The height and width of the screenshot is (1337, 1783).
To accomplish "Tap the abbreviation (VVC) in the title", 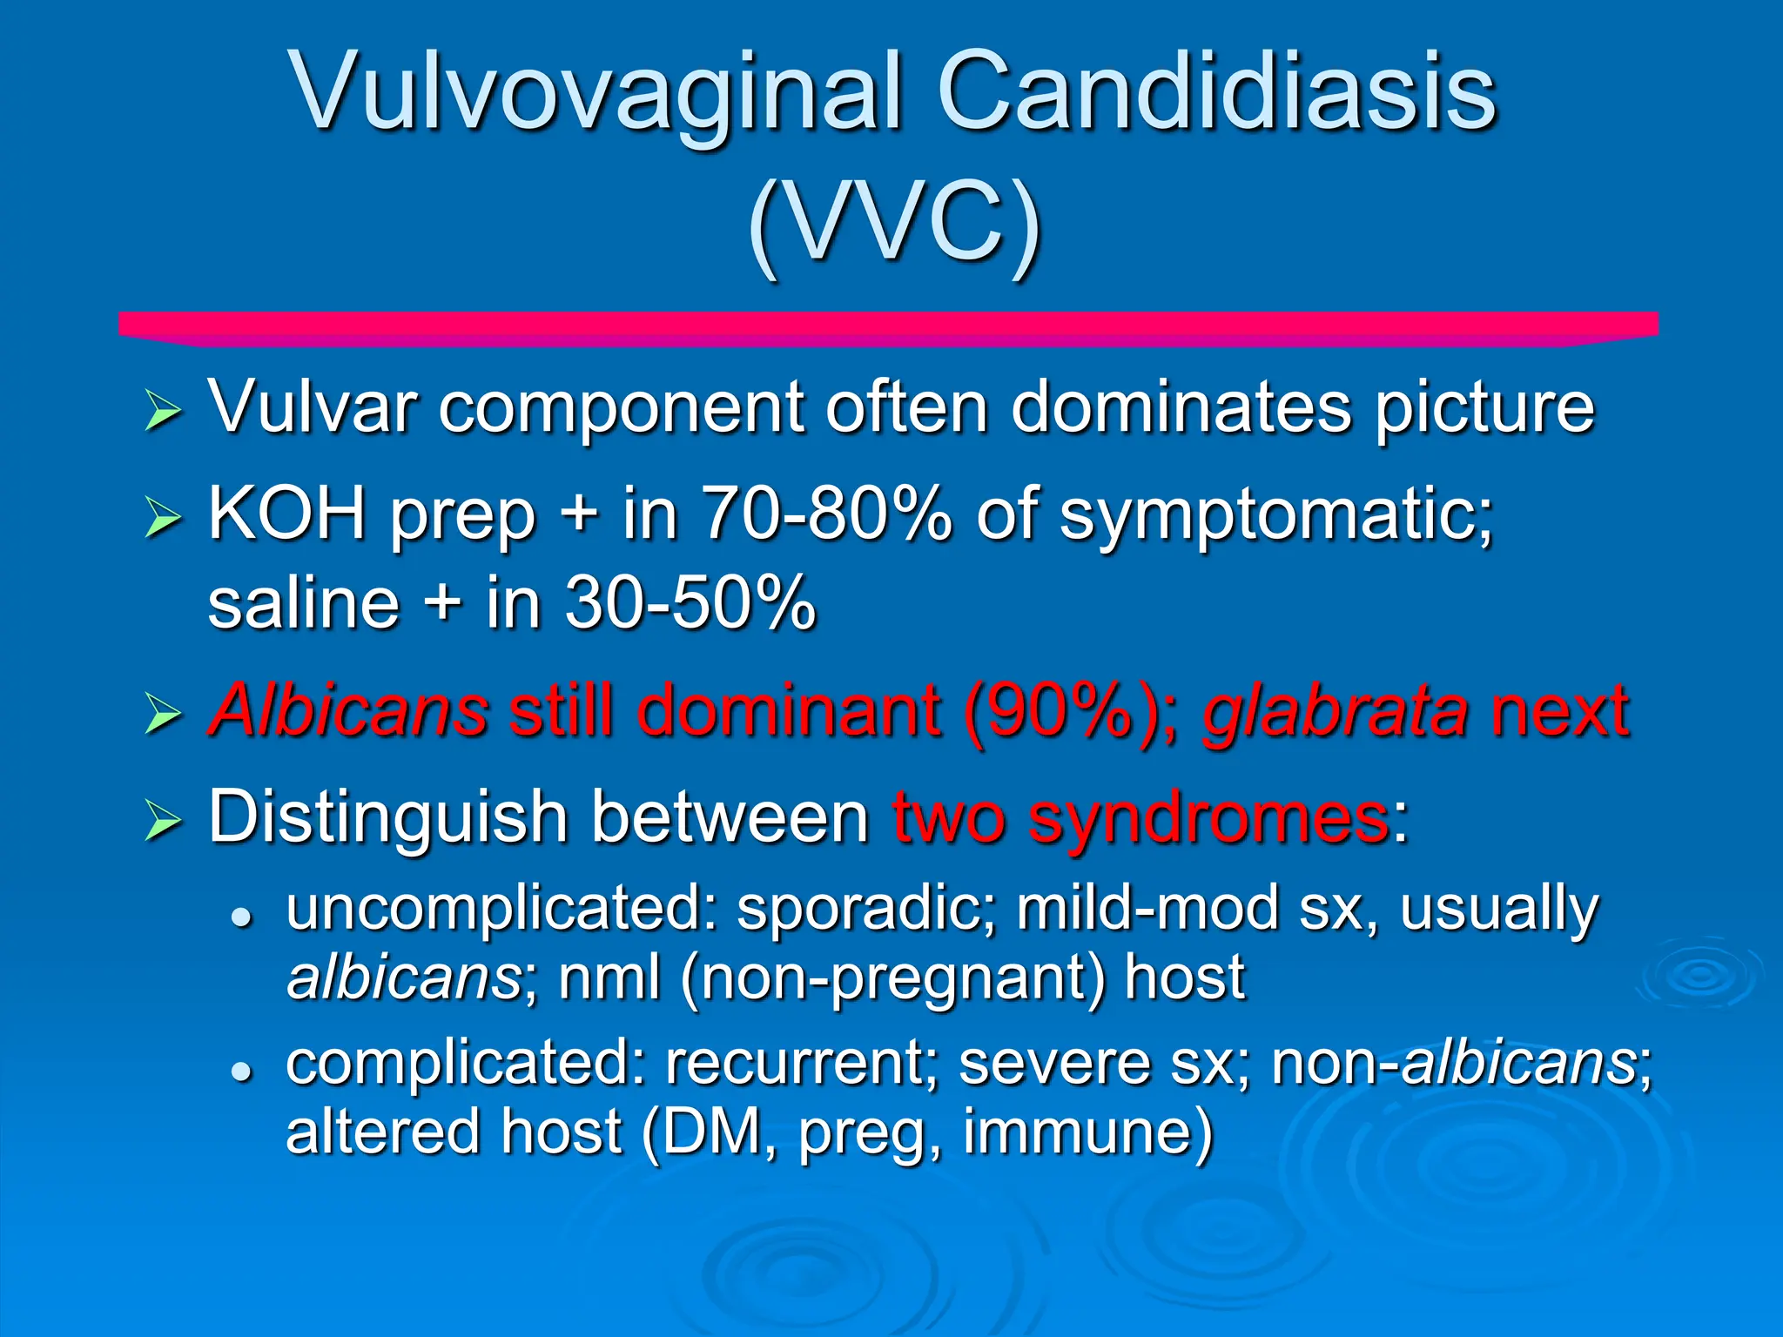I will tap(894, 226).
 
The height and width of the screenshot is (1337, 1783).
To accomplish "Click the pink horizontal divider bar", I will tap(888, 328).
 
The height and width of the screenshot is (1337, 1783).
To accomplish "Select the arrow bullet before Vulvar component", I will tap(163, 410).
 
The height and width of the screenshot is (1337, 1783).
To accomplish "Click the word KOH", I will tap(287, 514).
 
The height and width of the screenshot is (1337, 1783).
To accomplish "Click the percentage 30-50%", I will tap(690, 602).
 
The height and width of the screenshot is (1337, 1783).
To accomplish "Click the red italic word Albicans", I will tap(348, 709).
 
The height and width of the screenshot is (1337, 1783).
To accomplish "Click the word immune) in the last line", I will tap(1087, 1132).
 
